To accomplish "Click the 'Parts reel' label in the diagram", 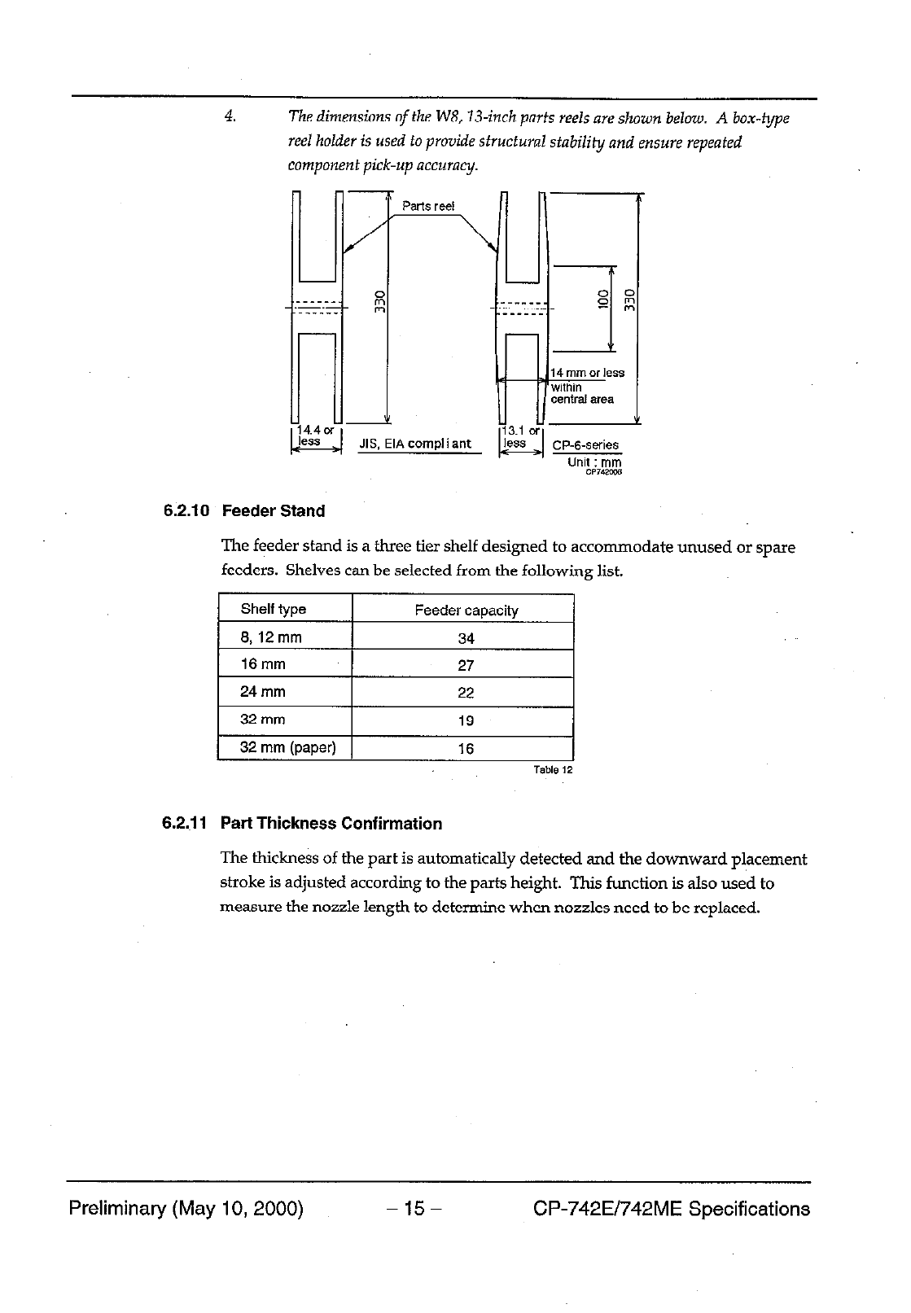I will [428, 206].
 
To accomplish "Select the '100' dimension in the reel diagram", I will [603, 299].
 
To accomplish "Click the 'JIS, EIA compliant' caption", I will [415, 444].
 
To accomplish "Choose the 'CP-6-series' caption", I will [585, 445].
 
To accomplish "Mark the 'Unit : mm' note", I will [594, 462].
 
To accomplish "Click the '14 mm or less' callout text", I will [588, 373].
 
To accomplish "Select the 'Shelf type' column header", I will [274, 610].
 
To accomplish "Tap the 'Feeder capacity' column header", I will [466, 611].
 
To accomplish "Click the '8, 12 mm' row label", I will [271, 637].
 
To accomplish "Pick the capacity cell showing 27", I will [466, 665].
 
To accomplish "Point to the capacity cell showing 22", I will [466, 693].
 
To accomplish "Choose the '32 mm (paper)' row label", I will [288, 747].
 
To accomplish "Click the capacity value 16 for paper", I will [466, 749].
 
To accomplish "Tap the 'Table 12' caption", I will [553, 769].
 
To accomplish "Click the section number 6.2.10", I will [186, 511].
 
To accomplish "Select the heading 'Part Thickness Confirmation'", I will [331, 824].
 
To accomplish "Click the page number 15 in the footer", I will [414, 1209].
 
